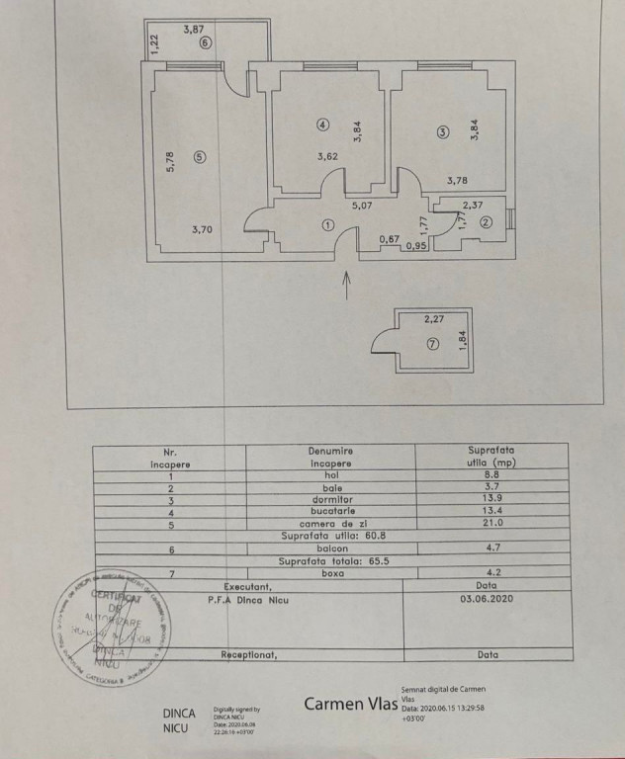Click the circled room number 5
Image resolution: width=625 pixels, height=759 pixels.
(200, 156)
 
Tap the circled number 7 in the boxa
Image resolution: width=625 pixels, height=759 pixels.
(431, 345)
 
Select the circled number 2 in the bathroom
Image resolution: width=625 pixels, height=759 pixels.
(486, 222)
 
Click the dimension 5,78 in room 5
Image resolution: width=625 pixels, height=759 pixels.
(170, 161)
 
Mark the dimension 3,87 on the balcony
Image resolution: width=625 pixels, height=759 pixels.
(194, 30)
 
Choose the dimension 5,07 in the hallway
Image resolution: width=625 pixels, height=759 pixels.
(361, 207)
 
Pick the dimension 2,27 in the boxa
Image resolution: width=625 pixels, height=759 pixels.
(435, 318)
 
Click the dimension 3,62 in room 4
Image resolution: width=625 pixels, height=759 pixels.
(328, 155)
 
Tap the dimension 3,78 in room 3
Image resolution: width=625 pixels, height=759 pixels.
(458, 180)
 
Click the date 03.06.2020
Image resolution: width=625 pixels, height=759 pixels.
(488, 597)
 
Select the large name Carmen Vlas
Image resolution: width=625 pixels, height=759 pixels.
(349, 704)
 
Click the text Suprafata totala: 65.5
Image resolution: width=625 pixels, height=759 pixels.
(330, 559)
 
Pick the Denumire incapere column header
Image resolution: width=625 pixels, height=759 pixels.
(330, 456)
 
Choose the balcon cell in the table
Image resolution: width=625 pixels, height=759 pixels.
(330, 547)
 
